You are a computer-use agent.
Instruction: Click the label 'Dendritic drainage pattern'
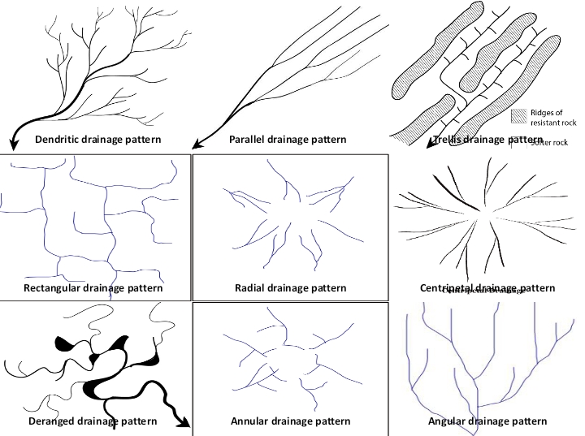tap(97, 140)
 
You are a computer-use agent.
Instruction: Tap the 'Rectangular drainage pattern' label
tap(93, 288)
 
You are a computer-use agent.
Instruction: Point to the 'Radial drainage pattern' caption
tap(290, 288)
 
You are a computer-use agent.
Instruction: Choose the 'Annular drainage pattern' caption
tap(290, 421)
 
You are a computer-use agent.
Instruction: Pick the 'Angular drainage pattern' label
tap(487, 421)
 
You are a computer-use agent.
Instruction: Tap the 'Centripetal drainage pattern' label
tap(487, 288)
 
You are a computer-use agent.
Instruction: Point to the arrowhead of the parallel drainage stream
tap(196, 145)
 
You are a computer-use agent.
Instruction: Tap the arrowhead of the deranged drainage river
tap(187, 424)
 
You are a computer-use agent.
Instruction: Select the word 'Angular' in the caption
tap(449, 421)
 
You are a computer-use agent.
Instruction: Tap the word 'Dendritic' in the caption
tap(59, 140)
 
